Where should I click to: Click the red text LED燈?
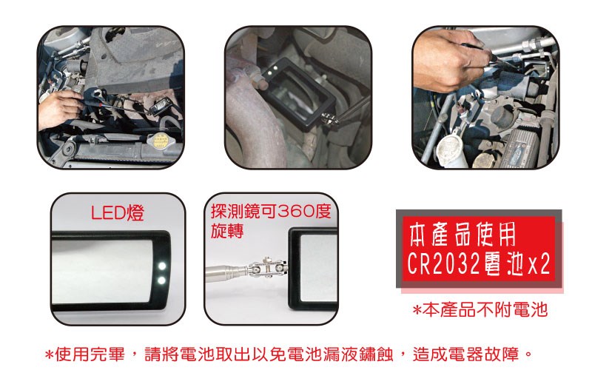click(x=118, y=213)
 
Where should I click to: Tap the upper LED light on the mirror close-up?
click(x=162, y=266)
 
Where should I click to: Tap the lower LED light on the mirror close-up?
click(x=161, y=280)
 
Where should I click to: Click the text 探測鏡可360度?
click(x=271, y=211)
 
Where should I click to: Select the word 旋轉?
click(x=227, y=231)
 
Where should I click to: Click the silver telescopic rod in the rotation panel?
click(x=227, y=270)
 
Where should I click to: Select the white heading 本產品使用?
click(x=462, y=235)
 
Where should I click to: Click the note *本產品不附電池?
click(x=480, y=309)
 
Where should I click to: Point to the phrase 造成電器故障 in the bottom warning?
click(x=468, y=354)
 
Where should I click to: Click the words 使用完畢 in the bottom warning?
click(x=90, y=354)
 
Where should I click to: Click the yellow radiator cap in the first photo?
click(x=156, y=141)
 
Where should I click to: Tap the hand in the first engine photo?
click(x=59, y=110)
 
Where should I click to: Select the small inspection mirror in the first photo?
click(x=160, y=106)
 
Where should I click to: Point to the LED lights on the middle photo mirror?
click(x=272, y=70)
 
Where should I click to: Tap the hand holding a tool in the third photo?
click(x=449, y=60)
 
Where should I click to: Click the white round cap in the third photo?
click(x=449, y=151)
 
